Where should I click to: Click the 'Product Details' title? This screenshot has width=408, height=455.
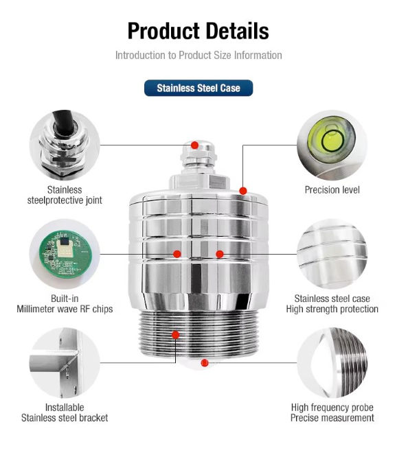click(x=199, y=31)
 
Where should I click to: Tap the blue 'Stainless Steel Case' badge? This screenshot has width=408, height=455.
click(x=199, y=88)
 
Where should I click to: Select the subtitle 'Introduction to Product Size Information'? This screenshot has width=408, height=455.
click(x=199, y=55)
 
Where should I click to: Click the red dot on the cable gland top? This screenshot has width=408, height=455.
click(x=195, y=145)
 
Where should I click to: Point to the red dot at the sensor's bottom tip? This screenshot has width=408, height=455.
click(x=205, y=363)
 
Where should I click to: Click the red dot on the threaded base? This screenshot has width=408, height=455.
click(x=175, y=335)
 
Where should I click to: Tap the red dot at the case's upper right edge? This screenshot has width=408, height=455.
click(x=243, y=191)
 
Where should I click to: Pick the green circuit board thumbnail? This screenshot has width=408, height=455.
click(x=65, y=254)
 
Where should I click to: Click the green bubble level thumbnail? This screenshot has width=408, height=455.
click(x=332, y=145)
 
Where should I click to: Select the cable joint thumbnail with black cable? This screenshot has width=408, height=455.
click(x=65, y=145)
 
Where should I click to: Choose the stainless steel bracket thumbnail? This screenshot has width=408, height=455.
click(x=65, y=363)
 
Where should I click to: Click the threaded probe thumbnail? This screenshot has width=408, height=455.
click(x=332, y=363)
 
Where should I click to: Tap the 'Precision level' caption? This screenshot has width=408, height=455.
click(x=332, y=190)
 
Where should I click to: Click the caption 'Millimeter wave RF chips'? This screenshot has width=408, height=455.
click(x=65, y=309)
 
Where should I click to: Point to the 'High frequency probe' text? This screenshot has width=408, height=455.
click(x=332, y=408)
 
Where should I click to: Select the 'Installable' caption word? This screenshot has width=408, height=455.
click(x=65, y=408)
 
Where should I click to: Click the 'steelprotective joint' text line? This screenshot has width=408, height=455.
click(x=65, y=200)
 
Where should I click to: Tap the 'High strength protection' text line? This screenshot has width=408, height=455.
click(x=332, y=309)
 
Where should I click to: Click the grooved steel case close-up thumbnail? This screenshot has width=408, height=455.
click(x=332, y=254)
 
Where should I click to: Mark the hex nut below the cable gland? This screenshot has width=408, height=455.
click(x=199, y=181)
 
